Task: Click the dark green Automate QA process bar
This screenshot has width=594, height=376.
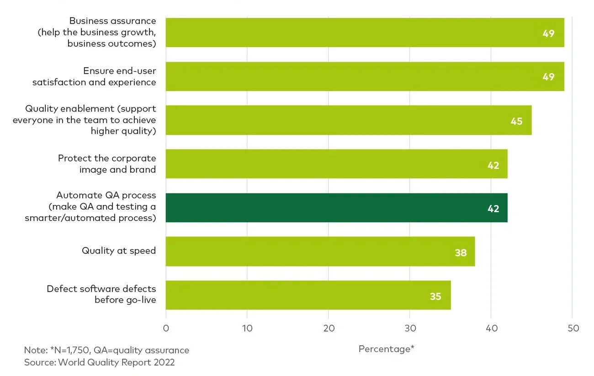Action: (x=336, y=208)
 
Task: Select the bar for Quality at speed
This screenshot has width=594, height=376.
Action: (x=320, y=251)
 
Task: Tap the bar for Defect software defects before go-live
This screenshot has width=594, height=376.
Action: (x=308, y=295)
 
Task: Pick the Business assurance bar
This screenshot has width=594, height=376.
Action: (x=365, y=32)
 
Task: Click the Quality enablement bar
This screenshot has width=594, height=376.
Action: (x=348, y=120)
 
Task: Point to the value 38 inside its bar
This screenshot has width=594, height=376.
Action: (x=461, y=252)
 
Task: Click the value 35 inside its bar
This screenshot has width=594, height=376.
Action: (x=435, y=296)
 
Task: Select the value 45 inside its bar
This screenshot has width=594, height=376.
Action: (x=516, y=121)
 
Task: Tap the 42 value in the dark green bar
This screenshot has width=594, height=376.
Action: (x=493, y=209)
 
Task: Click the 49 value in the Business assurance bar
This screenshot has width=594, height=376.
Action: (x=548, y=33)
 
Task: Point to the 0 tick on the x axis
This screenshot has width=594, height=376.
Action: (x=166, y=328)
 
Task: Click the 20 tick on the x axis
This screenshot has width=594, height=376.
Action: (x=329, y=328)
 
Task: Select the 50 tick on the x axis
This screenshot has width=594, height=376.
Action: (x=573, y=328)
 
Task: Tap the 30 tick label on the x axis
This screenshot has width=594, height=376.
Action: (x=410, y=328)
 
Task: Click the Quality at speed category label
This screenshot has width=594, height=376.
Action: (x=119, y=251)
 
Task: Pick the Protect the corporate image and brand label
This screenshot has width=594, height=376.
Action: (x=107, y=164)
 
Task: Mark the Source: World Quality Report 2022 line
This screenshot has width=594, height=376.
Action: (x=99, y=362)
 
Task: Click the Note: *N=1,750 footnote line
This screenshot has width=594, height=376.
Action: (x=106, y=350)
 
